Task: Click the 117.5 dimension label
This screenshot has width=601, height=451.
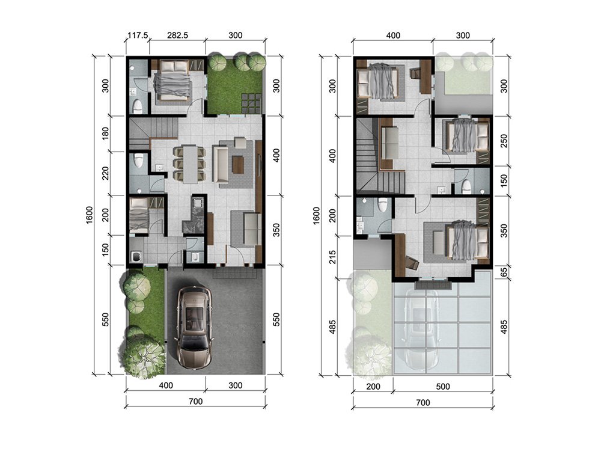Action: (x=138, y=35)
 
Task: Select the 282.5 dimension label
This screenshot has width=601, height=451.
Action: (x=178, y=35)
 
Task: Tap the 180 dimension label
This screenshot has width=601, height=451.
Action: (x=106, y=133)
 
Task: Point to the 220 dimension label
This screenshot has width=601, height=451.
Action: (x=106, y=173)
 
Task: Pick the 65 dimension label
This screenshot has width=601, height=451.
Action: (x=504, y=272)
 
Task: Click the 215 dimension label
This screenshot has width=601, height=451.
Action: (x=332, y=257)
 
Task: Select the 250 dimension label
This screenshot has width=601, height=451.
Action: (x=504, y=141)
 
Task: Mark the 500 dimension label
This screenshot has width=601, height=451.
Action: (x=443, y=387)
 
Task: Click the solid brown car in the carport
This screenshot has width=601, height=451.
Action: (x=195, y=327)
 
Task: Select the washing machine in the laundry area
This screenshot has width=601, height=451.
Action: (x=136, y=256)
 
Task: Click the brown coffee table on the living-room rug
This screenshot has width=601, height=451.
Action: (x=238, y=165)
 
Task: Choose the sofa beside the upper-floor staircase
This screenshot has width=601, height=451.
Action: (x=390, y=143)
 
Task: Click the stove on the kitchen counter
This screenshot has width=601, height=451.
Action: (x=198, y=202)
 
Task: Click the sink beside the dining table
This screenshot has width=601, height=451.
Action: (x=159, y=167)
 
